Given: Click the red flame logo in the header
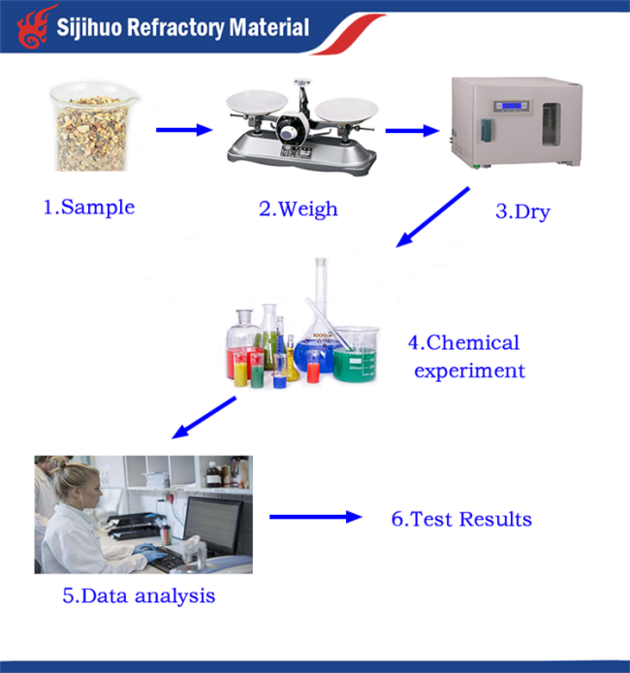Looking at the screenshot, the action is pos(35,26).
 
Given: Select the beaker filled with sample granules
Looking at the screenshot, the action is pos(92,127).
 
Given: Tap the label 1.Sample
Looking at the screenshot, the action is pos(89,208).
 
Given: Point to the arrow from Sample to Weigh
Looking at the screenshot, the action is pos(184,130).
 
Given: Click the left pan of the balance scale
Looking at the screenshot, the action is pos(257,102).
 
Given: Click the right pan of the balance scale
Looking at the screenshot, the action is pos(347,110).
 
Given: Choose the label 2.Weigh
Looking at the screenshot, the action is pos(299,209).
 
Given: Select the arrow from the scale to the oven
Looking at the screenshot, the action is pos(412,131).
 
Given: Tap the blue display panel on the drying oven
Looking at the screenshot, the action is pos(511,106).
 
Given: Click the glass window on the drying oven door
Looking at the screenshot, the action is pos(551,124).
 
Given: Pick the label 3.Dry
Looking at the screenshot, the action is pos(522,211).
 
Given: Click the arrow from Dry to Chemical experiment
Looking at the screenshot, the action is pos(432,217).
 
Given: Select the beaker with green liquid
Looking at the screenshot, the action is pos(356,355).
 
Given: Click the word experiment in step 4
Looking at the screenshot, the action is pos(470,371).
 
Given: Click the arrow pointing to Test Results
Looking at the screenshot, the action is pos(316,517).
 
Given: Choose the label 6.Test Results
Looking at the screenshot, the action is pos(461,519).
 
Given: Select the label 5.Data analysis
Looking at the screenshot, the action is pos(139,595).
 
